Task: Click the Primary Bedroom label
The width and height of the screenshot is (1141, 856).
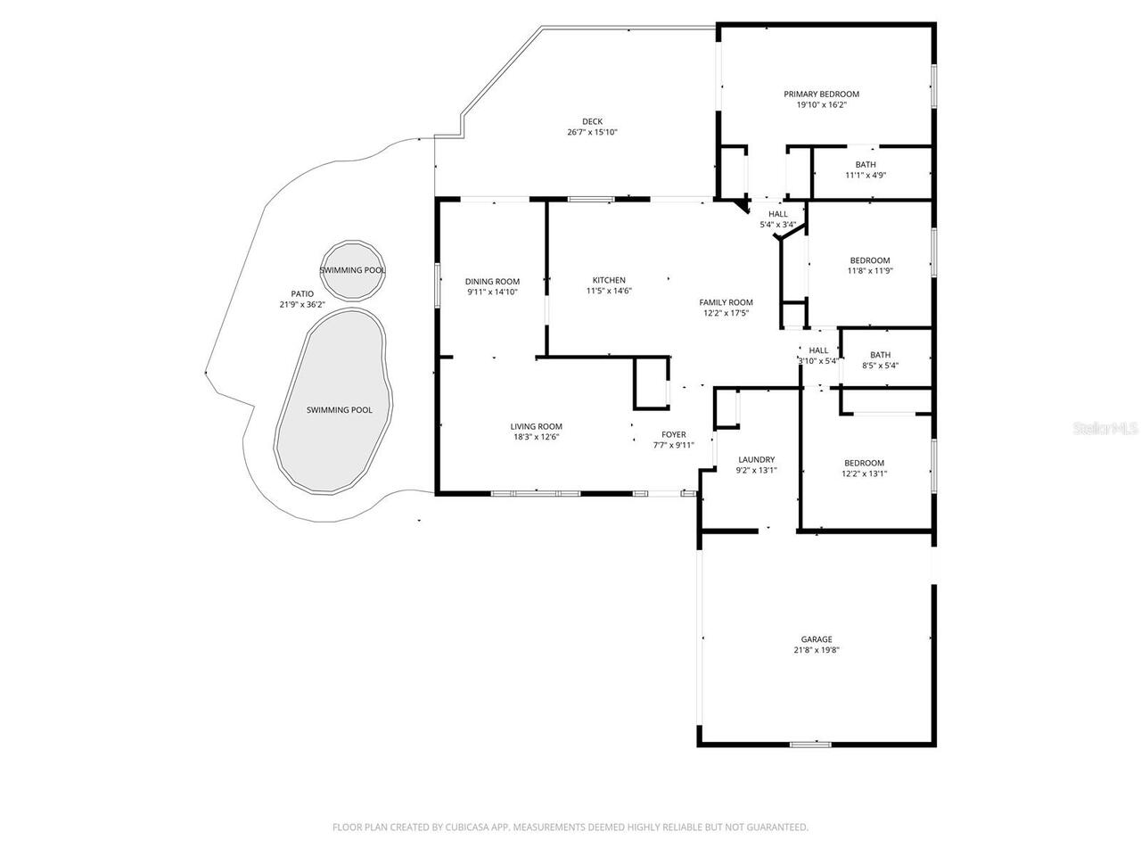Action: click(821, 94)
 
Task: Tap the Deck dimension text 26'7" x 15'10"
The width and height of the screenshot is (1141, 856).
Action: click(592, 133)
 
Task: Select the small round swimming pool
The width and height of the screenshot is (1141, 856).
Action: click(353, 269)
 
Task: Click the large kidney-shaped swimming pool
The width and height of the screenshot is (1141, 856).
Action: click(332, 401)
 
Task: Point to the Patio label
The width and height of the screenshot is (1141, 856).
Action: click(302, 293)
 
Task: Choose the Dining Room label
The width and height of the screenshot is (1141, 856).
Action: click(492, 281)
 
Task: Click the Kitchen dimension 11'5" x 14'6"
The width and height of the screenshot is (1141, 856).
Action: click(609, 291)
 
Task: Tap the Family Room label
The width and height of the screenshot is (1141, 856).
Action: click(726, 302)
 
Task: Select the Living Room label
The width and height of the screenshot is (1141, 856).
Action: click(536, 426)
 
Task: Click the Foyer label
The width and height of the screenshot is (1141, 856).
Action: click(673, 434)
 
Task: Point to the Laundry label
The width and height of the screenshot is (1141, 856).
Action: click(756, 460)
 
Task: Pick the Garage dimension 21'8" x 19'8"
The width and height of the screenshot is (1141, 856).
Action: click(816, 650)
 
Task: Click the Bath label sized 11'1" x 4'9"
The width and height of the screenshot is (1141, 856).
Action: click(866, 164)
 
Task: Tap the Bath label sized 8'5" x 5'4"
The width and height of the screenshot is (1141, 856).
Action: click(880, 355)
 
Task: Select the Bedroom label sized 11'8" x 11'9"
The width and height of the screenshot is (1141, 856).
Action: click(869, 260)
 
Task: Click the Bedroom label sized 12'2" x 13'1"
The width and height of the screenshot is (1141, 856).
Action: click(864, 463)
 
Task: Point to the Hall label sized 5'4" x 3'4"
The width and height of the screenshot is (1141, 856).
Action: click(778, 214)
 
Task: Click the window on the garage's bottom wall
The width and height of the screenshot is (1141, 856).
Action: click(810, 744)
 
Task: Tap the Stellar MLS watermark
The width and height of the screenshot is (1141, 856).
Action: click(1105, 429)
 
